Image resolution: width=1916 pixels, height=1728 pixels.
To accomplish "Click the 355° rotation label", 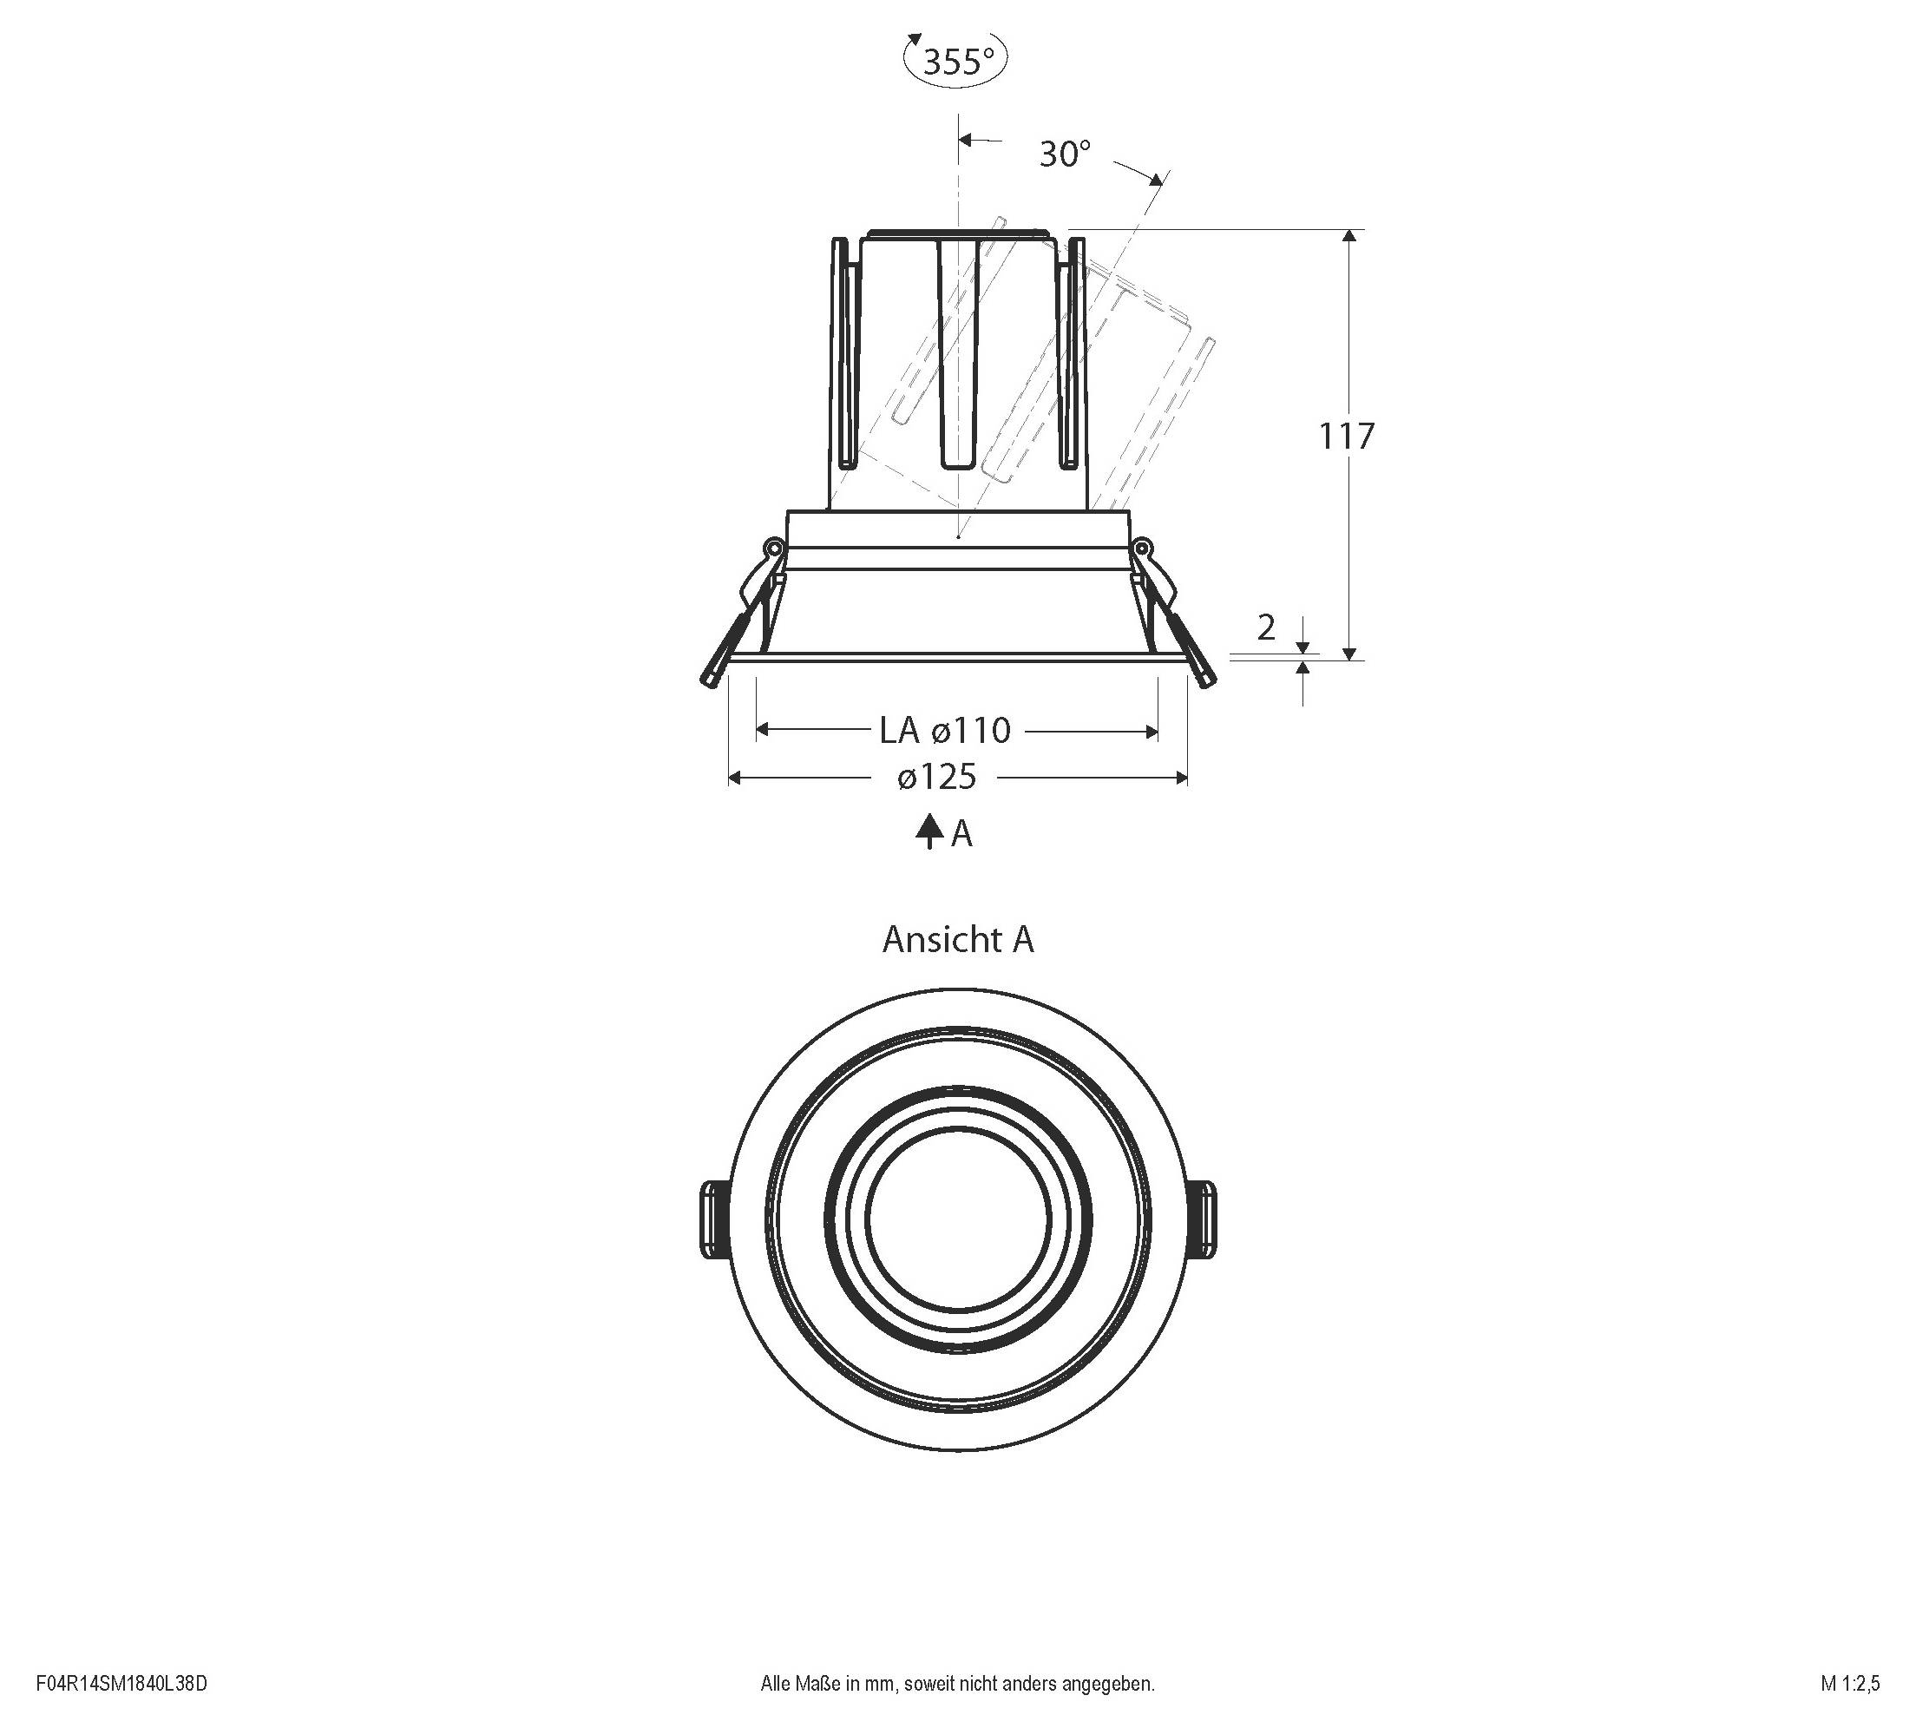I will (956, 62).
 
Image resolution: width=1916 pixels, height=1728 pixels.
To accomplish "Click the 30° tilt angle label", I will (1065, 154).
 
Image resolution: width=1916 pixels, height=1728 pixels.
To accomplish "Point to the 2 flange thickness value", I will (1266, 627).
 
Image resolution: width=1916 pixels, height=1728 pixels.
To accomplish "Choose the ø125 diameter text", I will (936, 778).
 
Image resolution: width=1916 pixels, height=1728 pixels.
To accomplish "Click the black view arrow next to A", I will (928, 831).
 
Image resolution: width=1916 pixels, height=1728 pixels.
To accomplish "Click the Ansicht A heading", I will (957, 940).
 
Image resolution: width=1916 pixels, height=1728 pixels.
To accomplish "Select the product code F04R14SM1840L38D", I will (121, 1684).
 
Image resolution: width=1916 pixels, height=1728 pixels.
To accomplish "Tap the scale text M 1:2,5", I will (1849, 1684).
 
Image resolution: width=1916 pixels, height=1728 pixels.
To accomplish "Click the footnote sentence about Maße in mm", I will (957, 1684).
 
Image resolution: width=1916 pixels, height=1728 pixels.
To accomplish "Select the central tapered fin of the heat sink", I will (958, 352).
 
